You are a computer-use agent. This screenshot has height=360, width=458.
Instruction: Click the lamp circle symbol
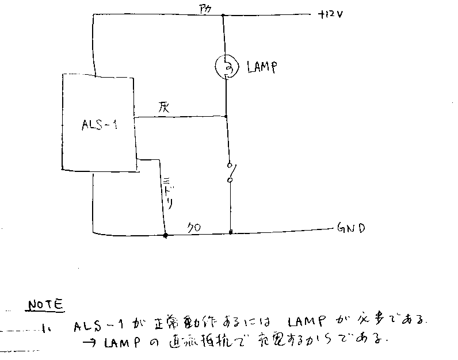pyautogui.click(x=226, y=68)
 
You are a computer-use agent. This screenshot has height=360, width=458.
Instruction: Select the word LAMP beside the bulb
pyautogui.click(x=262, y=68)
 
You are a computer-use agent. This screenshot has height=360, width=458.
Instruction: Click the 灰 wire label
pyautogui.click(x=162, y=108)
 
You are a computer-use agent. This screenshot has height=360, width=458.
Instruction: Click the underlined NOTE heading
pyautogui.click(x=47, y=304)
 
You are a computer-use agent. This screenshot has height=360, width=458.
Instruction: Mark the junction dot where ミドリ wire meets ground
pyautogui.click(x=165, y=235)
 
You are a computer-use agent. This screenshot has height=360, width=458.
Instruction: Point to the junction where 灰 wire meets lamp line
pyautogui.click(x=226, y=117)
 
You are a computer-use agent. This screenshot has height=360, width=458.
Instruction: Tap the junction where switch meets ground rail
pyautogui.click(x=231, y=233)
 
